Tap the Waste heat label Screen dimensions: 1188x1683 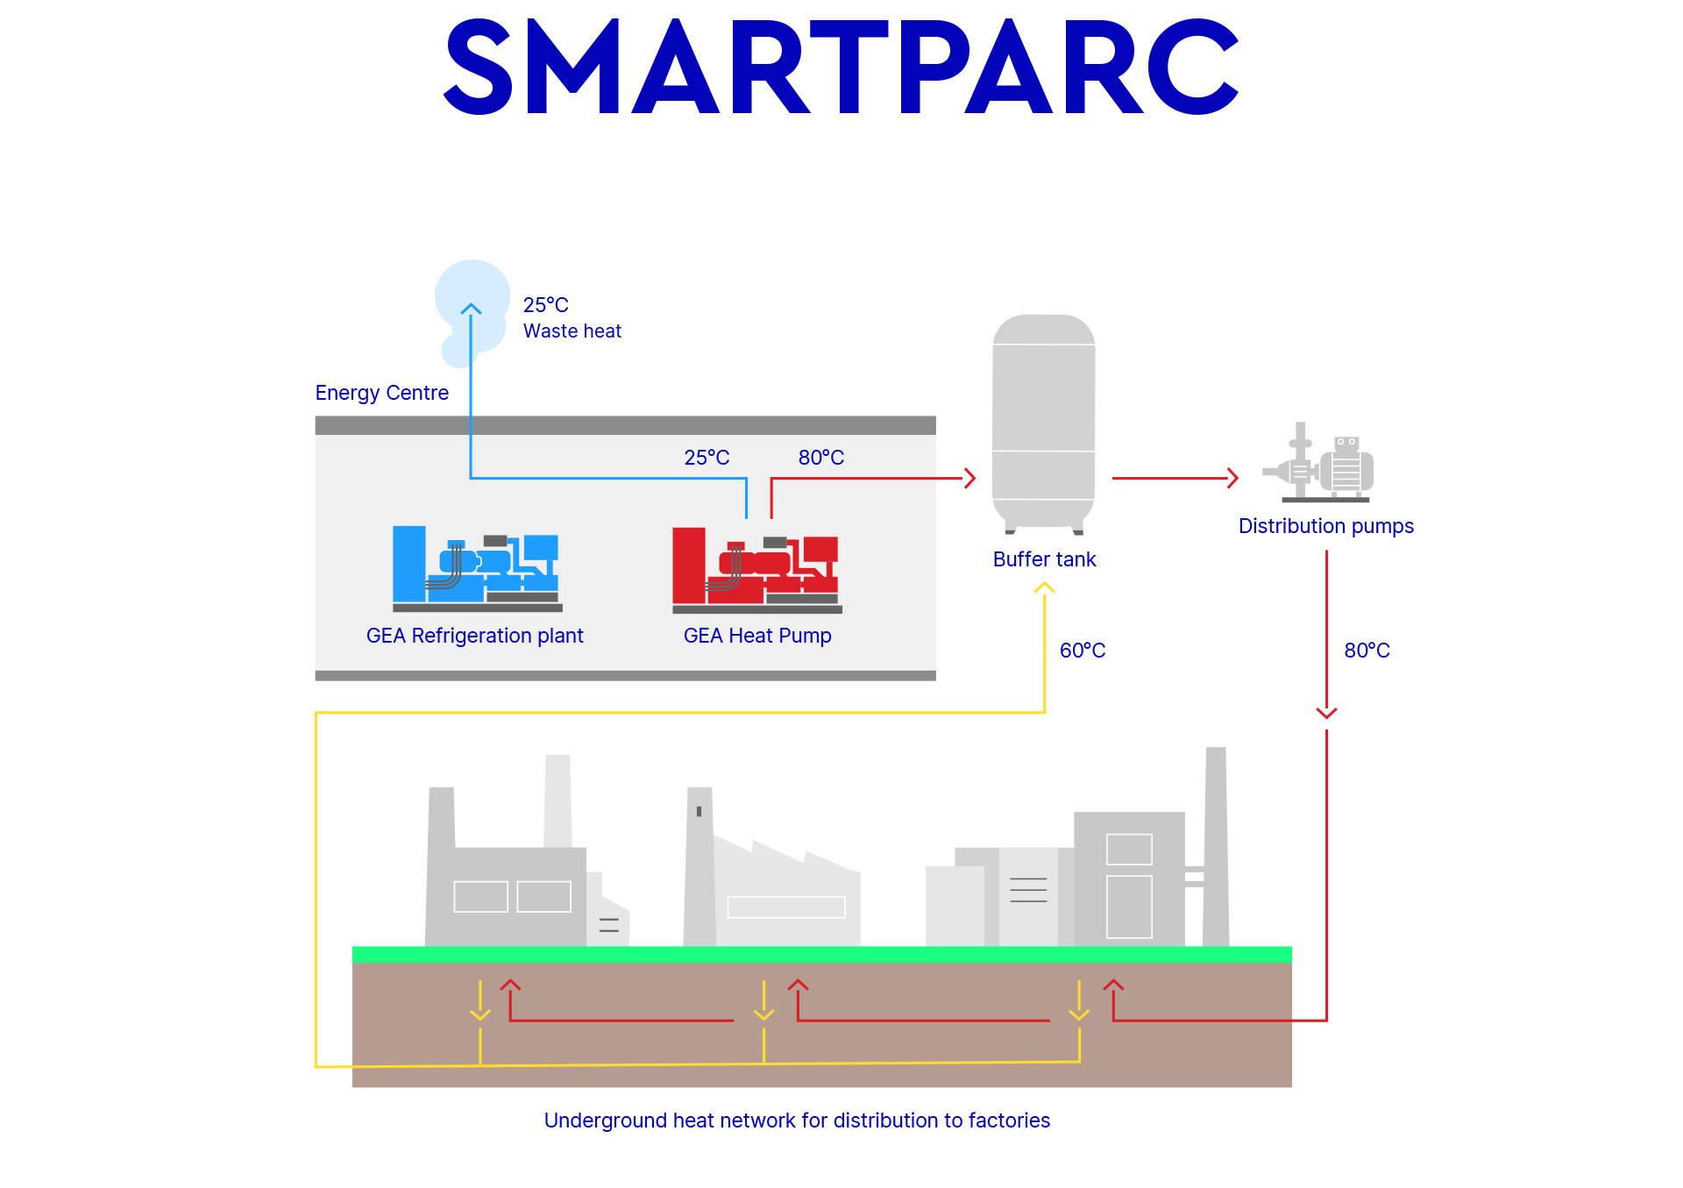click(572, 331)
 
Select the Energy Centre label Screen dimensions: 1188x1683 click(381, 393)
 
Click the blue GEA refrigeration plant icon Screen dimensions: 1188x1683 click(476, 569)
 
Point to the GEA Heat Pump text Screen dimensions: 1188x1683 click(757, 636)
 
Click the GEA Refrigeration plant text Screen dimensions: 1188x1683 click(474, 636)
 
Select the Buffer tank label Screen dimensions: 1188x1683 click(1044, 559)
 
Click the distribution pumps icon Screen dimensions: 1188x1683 click(1320, 466)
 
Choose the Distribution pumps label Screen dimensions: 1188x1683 click(1325, 526)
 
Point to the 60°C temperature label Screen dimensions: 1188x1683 click(1083, 651)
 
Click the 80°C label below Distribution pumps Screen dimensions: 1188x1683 click(1367, 651)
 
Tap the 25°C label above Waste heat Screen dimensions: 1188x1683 click(545, 305)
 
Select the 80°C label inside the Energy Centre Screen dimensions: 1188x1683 click(820, 458)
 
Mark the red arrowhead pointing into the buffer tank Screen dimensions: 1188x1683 click(970, 478)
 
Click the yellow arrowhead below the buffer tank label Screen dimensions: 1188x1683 click(1044, 588)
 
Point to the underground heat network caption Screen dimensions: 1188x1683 click(797, 1120)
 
